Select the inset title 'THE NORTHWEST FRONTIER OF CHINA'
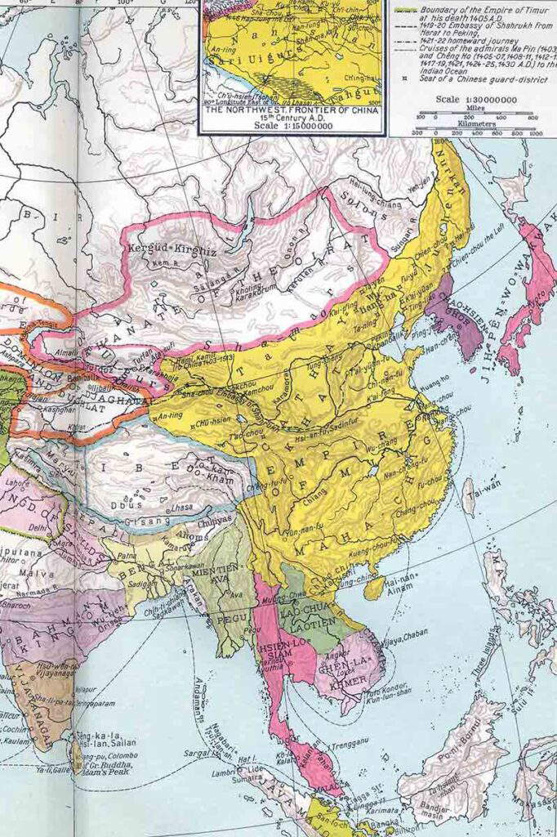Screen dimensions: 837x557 coord(291,110)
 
